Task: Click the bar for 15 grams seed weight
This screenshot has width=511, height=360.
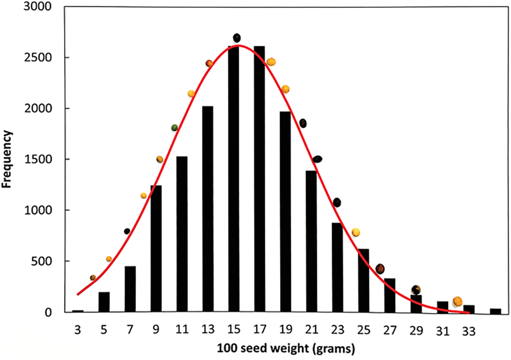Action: point(233,179)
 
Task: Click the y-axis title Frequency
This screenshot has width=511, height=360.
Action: point(8,160)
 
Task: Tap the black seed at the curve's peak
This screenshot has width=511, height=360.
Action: point(237,38)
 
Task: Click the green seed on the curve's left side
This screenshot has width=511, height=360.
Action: point(175,128)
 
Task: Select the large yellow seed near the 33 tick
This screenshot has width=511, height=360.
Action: point(457,301)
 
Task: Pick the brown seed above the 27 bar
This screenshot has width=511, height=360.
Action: point(380,269)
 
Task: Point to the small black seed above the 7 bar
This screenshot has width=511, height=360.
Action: point(127,231)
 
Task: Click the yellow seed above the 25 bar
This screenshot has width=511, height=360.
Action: point(356,232)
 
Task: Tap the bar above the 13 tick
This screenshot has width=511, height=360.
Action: point(208,209)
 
